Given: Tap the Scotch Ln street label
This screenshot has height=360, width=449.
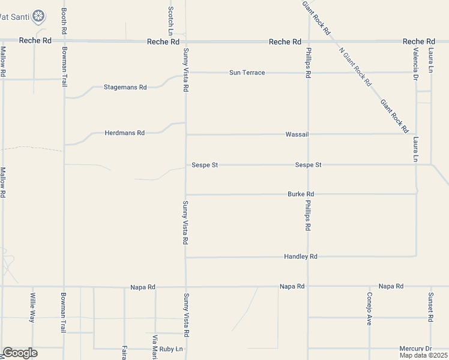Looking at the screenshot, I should (x=171, y=19).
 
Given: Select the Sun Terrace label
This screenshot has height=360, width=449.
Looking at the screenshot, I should (x=247, y=73).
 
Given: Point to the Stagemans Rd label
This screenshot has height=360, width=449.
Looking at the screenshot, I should (x=125, y=87).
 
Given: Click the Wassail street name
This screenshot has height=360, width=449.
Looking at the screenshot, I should (x=297, y=134).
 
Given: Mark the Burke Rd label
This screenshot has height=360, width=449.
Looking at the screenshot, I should (x=301, y=194).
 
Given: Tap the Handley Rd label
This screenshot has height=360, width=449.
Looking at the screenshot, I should (x=301, y=257).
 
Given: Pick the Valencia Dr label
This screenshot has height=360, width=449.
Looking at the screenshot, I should (x=415, y=64).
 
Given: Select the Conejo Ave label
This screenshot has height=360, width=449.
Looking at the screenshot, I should (x=369, y=308).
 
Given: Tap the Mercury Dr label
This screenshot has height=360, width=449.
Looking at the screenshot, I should (x=415, y=349).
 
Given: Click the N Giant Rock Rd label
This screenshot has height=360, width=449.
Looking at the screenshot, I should (x=355, y=67).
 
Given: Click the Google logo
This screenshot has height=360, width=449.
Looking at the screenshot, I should (x=20, y=353).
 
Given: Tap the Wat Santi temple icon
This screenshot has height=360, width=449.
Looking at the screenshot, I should (x=39, y=16).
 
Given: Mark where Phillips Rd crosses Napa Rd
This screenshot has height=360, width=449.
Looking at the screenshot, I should (x=308, y=287).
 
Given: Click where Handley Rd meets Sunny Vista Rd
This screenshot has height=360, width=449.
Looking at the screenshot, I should (x=185, y=257).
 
